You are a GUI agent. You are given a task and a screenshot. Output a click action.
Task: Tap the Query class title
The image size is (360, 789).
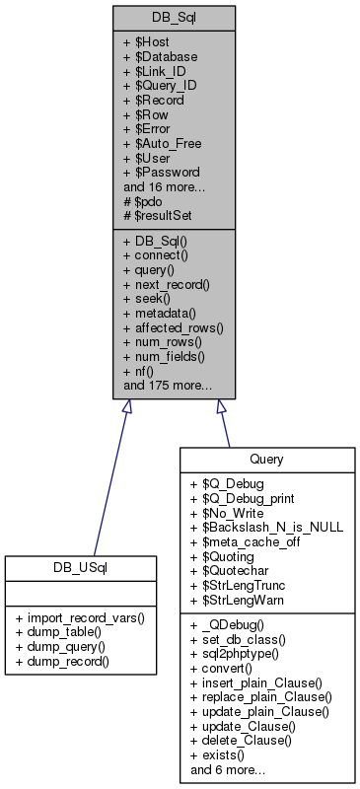[x=266, y=459]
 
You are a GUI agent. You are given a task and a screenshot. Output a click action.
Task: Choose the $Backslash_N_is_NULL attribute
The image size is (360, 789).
[x=266, y=528]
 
